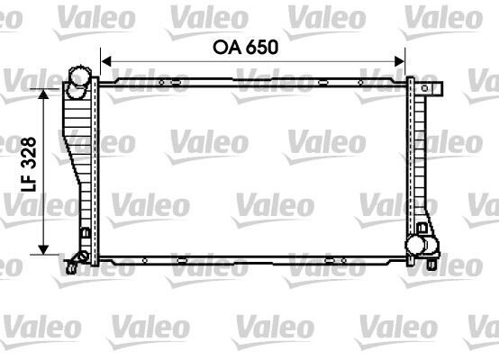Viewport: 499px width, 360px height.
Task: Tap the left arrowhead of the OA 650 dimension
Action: [x=104, y=61]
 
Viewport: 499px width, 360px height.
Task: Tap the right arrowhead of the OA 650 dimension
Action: [x=402, y=61]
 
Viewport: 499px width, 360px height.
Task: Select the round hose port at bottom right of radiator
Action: [x=418, y=244]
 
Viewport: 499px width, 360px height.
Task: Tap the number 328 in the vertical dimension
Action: [x=29, y=155]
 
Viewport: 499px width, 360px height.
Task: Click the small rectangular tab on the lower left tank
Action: [x=85, y=236]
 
